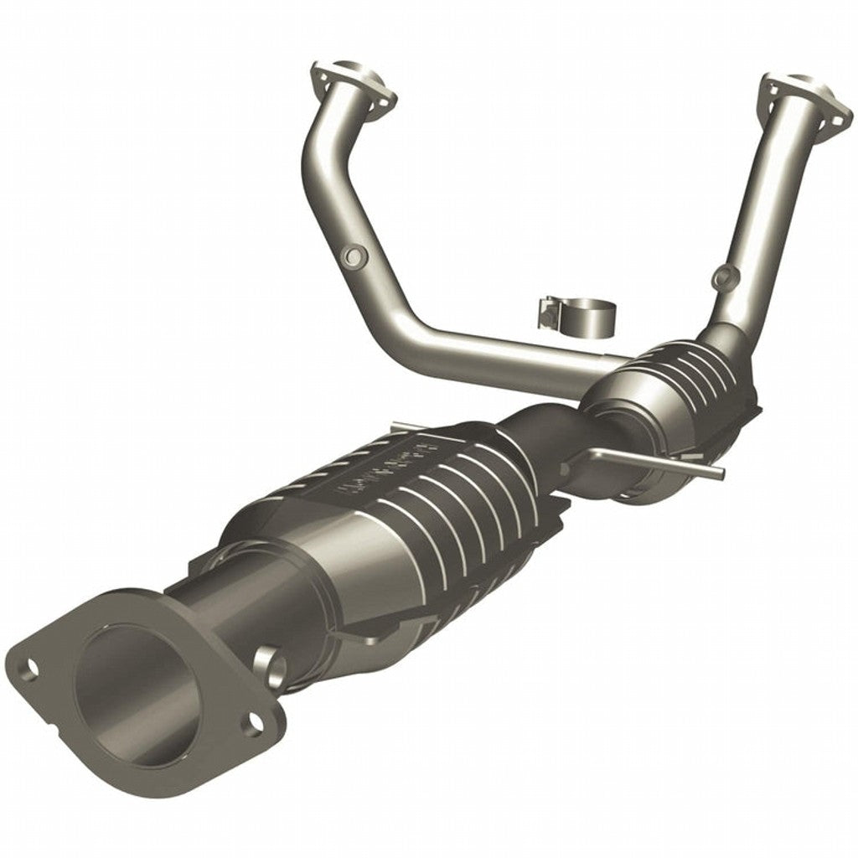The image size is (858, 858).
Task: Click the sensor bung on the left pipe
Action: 354,255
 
